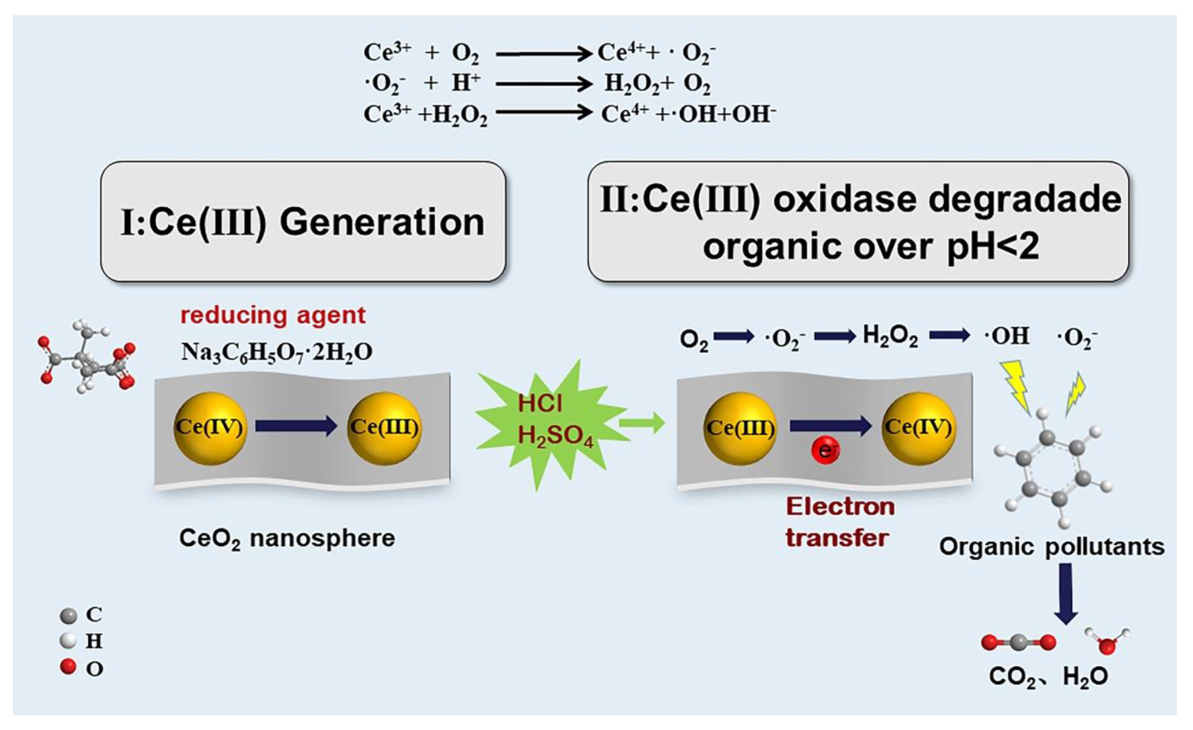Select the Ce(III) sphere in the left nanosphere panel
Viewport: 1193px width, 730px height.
[384, 428]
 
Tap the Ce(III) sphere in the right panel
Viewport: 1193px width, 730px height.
[740, 428]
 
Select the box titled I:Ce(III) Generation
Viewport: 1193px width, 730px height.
[303, 222]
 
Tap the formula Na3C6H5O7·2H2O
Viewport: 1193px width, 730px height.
[276, 352]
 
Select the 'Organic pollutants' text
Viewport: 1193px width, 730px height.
[1052, 547]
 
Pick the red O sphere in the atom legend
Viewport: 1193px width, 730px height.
[68, 667]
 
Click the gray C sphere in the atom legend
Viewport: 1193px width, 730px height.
[68, 616]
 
